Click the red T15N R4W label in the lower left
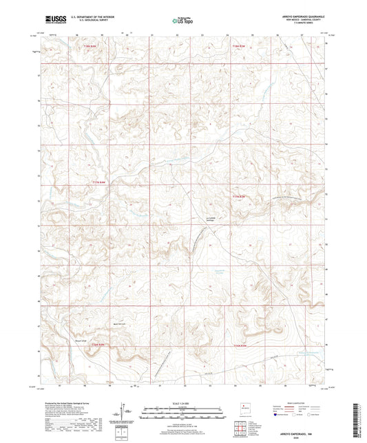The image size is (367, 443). (x=98, y=345)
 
